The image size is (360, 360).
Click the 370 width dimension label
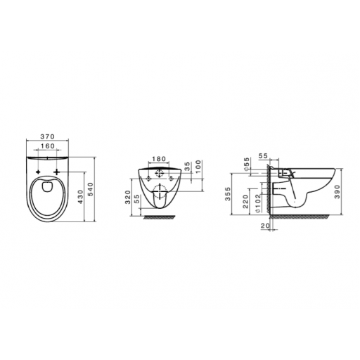tap(47, 136)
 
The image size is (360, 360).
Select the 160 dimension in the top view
tap(47, 146)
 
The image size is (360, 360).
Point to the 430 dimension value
tap(80, 197)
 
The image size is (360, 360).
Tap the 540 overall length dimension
tap(91, 189)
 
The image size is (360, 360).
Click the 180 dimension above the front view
tap(159, 159)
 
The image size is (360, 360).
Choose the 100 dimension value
tap(198, 167)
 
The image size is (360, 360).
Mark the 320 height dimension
tap(127, 197)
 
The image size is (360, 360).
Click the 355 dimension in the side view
tap(228, 194)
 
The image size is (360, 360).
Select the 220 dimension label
tap(245, 202)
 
